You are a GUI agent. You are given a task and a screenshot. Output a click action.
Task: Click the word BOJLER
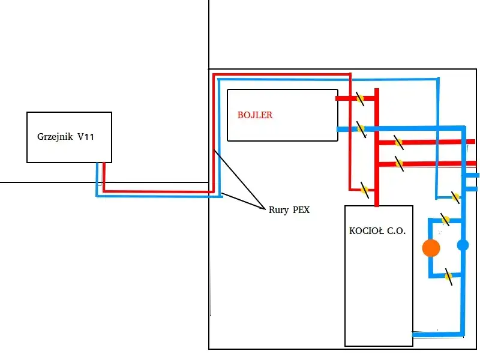pyautogui.click(x=255, y=115)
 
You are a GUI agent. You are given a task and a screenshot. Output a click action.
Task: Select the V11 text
pyautogui.click(x=86, y=137)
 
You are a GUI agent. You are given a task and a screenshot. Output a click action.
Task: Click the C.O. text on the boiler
pyautogui.click(x=394, y=231)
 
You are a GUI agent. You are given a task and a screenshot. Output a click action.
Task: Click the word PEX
pyautogui.click(x=301, y=210)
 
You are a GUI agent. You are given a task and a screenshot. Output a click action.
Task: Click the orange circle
pyautogui.click(x=431, y=248)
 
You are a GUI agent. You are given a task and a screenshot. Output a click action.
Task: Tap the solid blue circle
pyautogui.click(x=463, y=245)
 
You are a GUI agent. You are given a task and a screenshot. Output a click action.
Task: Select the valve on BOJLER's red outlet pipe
pyautogui.click(x=360, y=98)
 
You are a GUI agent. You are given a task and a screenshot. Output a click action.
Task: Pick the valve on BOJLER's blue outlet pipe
pyautogui.click(x=361, y=128)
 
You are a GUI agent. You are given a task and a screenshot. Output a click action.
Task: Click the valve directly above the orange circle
pyautogui.click(x=446, y=220)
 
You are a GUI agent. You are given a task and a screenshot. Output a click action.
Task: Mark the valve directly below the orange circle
pyautogui.click(x=448, y=277)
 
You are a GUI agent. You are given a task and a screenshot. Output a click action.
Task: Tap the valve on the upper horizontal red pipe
pyautogui.click(x=398, y=142)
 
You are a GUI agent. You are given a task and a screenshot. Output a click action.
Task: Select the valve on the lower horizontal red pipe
pyautogui.click(x=398, y=163)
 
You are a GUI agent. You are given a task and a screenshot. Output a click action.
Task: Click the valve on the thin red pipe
pyautogui.click(x=364, y=190)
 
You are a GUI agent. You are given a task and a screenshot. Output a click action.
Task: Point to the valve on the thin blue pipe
pyautogui.click(x=455, y=196)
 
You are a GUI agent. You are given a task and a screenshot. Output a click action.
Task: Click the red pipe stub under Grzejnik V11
pyautogui.click(x=104, y=174)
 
